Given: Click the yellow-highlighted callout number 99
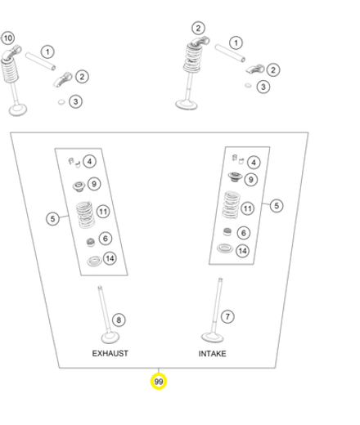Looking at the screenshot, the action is coord(159,382).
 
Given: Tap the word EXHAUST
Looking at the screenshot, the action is coord(110,353).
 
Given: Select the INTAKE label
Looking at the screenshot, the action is coord(212,354).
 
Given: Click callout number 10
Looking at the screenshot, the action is coord(7,38).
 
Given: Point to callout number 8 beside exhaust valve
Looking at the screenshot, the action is coord(119,320).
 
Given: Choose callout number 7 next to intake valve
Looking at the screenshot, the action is coord(227,316).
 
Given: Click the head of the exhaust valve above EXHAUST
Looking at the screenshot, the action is coord(110,338).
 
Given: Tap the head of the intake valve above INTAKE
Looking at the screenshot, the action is coord(213,338).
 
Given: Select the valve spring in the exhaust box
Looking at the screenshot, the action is coord(85,215).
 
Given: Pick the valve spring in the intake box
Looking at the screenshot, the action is coord(232,204).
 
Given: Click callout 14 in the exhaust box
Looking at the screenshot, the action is coord(110,258).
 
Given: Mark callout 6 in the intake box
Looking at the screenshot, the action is coord(244,233).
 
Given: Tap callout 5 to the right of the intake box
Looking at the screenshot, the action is coord(277,205).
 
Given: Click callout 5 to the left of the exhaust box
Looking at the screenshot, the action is coord(52,219).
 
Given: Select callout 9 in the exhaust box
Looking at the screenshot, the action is coord(94,184).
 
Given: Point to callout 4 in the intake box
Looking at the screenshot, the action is coord(254,163).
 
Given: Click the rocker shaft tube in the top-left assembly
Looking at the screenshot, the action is coord(41,61).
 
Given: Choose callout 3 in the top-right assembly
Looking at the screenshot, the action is coord(263,87).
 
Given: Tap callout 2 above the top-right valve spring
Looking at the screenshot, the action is coord(198,28).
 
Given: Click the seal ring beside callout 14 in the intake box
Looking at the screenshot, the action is coord(225,248).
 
